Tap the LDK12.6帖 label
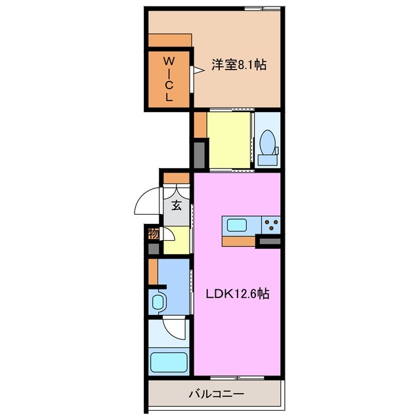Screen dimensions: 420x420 (237, 294)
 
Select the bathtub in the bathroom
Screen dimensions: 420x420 (169, 363)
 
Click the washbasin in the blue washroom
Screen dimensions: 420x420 (159, 303)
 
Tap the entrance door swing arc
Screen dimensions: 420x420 (148, 201)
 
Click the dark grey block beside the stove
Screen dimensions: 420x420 (269, 243)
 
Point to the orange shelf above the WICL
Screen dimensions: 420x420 (169, 40)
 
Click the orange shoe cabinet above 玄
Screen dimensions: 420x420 (176, 178)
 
